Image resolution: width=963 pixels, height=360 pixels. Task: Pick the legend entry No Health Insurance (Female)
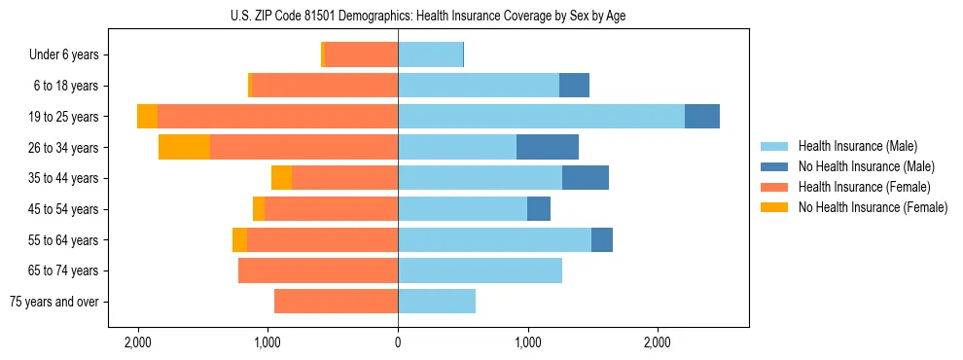[x=873, y=207]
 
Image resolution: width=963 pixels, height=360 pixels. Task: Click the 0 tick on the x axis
[x=398, y=343]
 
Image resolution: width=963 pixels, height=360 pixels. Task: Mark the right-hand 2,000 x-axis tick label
[x=658, y=343]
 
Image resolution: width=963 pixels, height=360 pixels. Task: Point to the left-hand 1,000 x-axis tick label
[x=267, y=343]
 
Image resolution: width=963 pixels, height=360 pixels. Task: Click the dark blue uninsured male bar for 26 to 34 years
[x=548, y=147]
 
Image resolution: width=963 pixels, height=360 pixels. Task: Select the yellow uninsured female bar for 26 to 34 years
[x=184, y=147]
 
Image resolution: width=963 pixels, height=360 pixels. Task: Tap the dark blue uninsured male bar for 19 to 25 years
[x=702, y=117]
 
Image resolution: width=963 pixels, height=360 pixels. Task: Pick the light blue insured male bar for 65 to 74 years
[x=480, y=270]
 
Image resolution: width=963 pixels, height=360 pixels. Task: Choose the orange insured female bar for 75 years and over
[x=336, y=302]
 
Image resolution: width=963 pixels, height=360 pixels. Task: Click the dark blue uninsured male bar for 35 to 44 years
[x=586, y=178]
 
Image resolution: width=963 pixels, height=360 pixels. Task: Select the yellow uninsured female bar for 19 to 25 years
[x=147, y=117]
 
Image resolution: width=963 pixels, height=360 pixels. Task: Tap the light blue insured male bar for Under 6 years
[x=430, y=55]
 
